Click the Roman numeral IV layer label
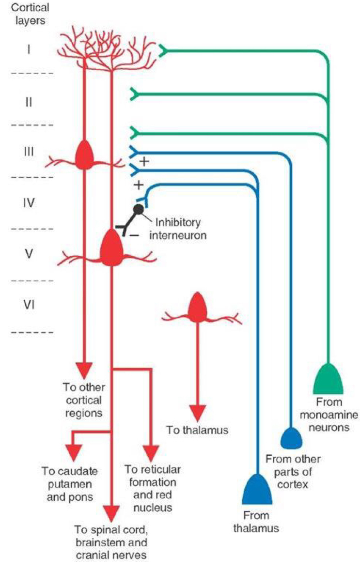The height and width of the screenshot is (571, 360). click(29, 202)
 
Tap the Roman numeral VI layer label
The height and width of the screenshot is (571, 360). click(29, 305)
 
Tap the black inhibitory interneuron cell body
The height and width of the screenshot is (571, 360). click(138, 209)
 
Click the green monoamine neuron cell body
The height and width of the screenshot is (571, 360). click(328, 380)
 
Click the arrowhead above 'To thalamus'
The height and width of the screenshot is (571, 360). click(196, 412)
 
